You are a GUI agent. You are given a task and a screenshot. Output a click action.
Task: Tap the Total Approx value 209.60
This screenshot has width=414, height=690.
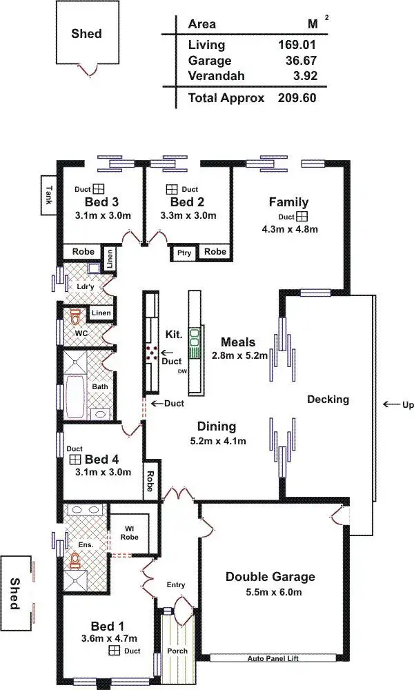[x=297, y=98]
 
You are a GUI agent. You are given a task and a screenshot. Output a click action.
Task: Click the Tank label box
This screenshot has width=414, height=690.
[x=48, y=195]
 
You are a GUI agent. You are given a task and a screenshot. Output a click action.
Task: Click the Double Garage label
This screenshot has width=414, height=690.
[x=270, y=577]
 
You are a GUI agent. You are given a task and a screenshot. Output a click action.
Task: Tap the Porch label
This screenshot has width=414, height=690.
[x=177, y=651]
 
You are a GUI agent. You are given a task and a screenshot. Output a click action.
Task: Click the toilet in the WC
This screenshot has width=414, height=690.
[x=75, y=318]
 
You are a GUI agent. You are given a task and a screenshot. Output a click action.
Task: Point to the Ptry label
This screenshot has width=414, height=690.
[x=184, y=253]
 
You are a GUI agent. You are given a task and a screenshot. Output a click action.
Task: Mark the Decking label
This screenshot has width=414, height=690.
[x=328, y=399]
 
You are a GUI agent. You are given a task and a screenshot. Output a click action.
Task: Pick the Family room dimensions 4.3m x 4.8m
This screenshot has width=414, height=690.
[x=289, y=228]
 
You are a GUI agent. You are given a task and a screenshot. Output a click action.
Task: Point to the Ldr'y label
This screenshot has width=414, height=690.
[x=84, y=286]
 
